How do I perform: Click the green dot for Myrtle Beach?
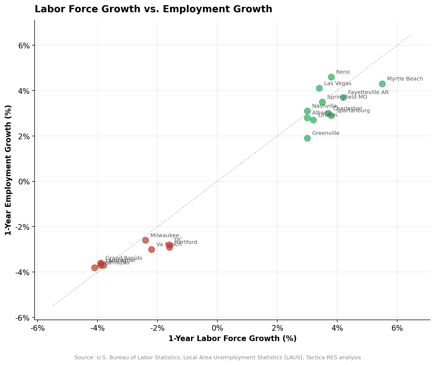click(382, 84)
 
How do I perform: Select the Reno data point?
click(331, 77)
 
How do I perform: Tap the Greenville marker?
click(307, 138)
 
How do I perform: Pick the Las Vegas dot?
click(319, 88)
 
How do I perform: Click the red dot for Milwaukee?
click(145, 240)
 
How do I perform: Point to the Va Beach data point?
click(151, 249)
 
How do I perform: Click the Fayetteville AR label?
click(368, 92)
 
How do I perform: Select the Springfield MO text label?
click(347, 97)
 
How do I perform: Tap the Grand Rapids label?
click(124, 258)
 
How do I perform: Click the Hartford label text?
click(185, 242)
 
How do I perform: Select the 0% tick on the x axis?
click(217, 328)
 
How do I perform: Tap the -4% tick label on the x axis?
click(97, 328)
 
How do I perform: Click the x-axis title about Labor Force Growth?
click(232, 339)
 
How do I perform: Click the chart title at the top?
click(153, 9)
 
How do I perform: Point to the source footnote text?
click(217, 358)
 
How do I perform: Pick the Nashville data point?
click(307, 111)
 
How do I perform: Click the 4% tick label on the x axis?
click(337, 328)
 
